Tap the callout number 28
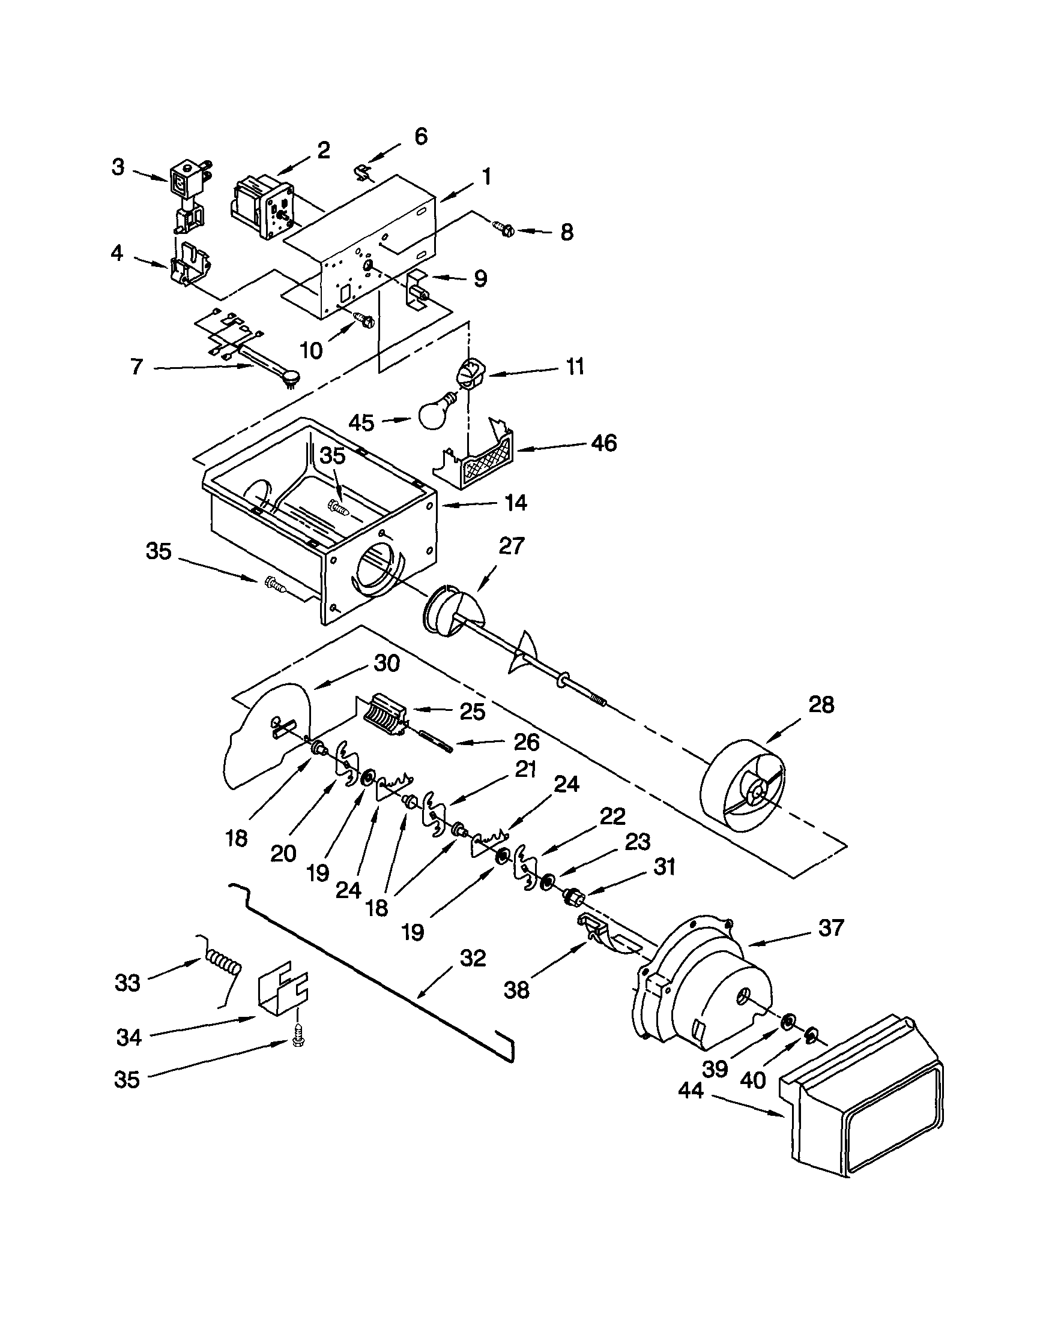pos(821,705)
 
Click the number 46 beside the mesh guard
pos(603,443)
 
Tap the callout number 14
pos(515,503)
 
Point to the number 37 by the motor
pos(830,927)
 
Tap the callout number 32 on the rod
pos(473,958)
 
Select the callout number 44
pos(691,1091)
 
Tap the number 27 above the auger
pos(511,546)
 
